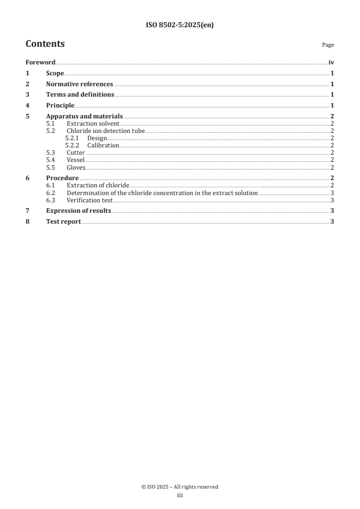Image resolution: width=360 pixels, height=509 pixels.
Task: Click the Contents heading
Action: click(x=45, y=44)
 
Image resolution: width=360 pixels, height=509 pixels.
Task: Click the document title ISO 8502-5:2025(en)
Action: click(x=180, y=25)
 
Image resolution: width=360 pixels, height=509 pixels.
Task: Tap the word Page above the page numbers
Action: click(x=328, y=45)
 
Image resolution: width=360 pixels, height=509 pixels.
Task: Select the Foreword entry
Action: click(x=40, y=63)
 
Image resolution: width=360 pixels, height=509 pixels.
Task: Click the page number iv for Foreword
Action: click(x=331, y=63)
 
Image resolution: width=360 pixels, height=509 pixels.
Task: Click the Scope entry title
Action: click(x=55, y=73)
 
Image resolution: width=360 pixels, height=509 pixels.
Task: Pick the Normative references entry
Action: click(x=79, y=84)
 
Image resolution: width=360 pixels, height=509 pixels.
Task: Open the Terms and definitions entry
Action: click(x=80, y=95)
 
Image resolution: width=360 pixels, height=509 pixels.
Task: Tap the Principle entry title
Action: click(x=60, y=106)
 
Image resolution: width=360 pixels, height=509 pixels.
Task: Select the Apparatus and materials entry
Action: click(x=84, y=117)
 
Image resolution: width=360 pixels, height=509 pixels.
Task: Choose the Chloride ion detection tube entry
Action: click(x=105, y=131)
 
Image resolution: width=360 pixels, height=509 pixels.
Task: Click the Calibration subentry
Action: click(x=103, y=146)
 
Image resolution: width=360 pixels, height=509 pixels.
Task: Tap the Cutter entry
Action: click(x=75, y=153)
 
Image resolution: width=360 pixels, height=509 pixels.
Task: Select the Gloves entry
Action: click(x=76, y=167)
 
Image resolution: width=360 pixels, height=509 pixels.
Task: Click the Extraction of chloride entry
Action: click(x=98, y=186)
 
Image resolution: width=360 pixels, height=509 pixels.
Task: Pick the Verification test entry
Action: click(x=89, y=200)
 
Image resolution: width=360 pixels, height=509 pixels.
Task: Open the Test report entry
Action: click(x=64, y=222)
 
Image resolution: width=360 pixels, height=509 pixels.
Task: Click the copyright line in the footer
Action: click(x=180, y=487)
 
